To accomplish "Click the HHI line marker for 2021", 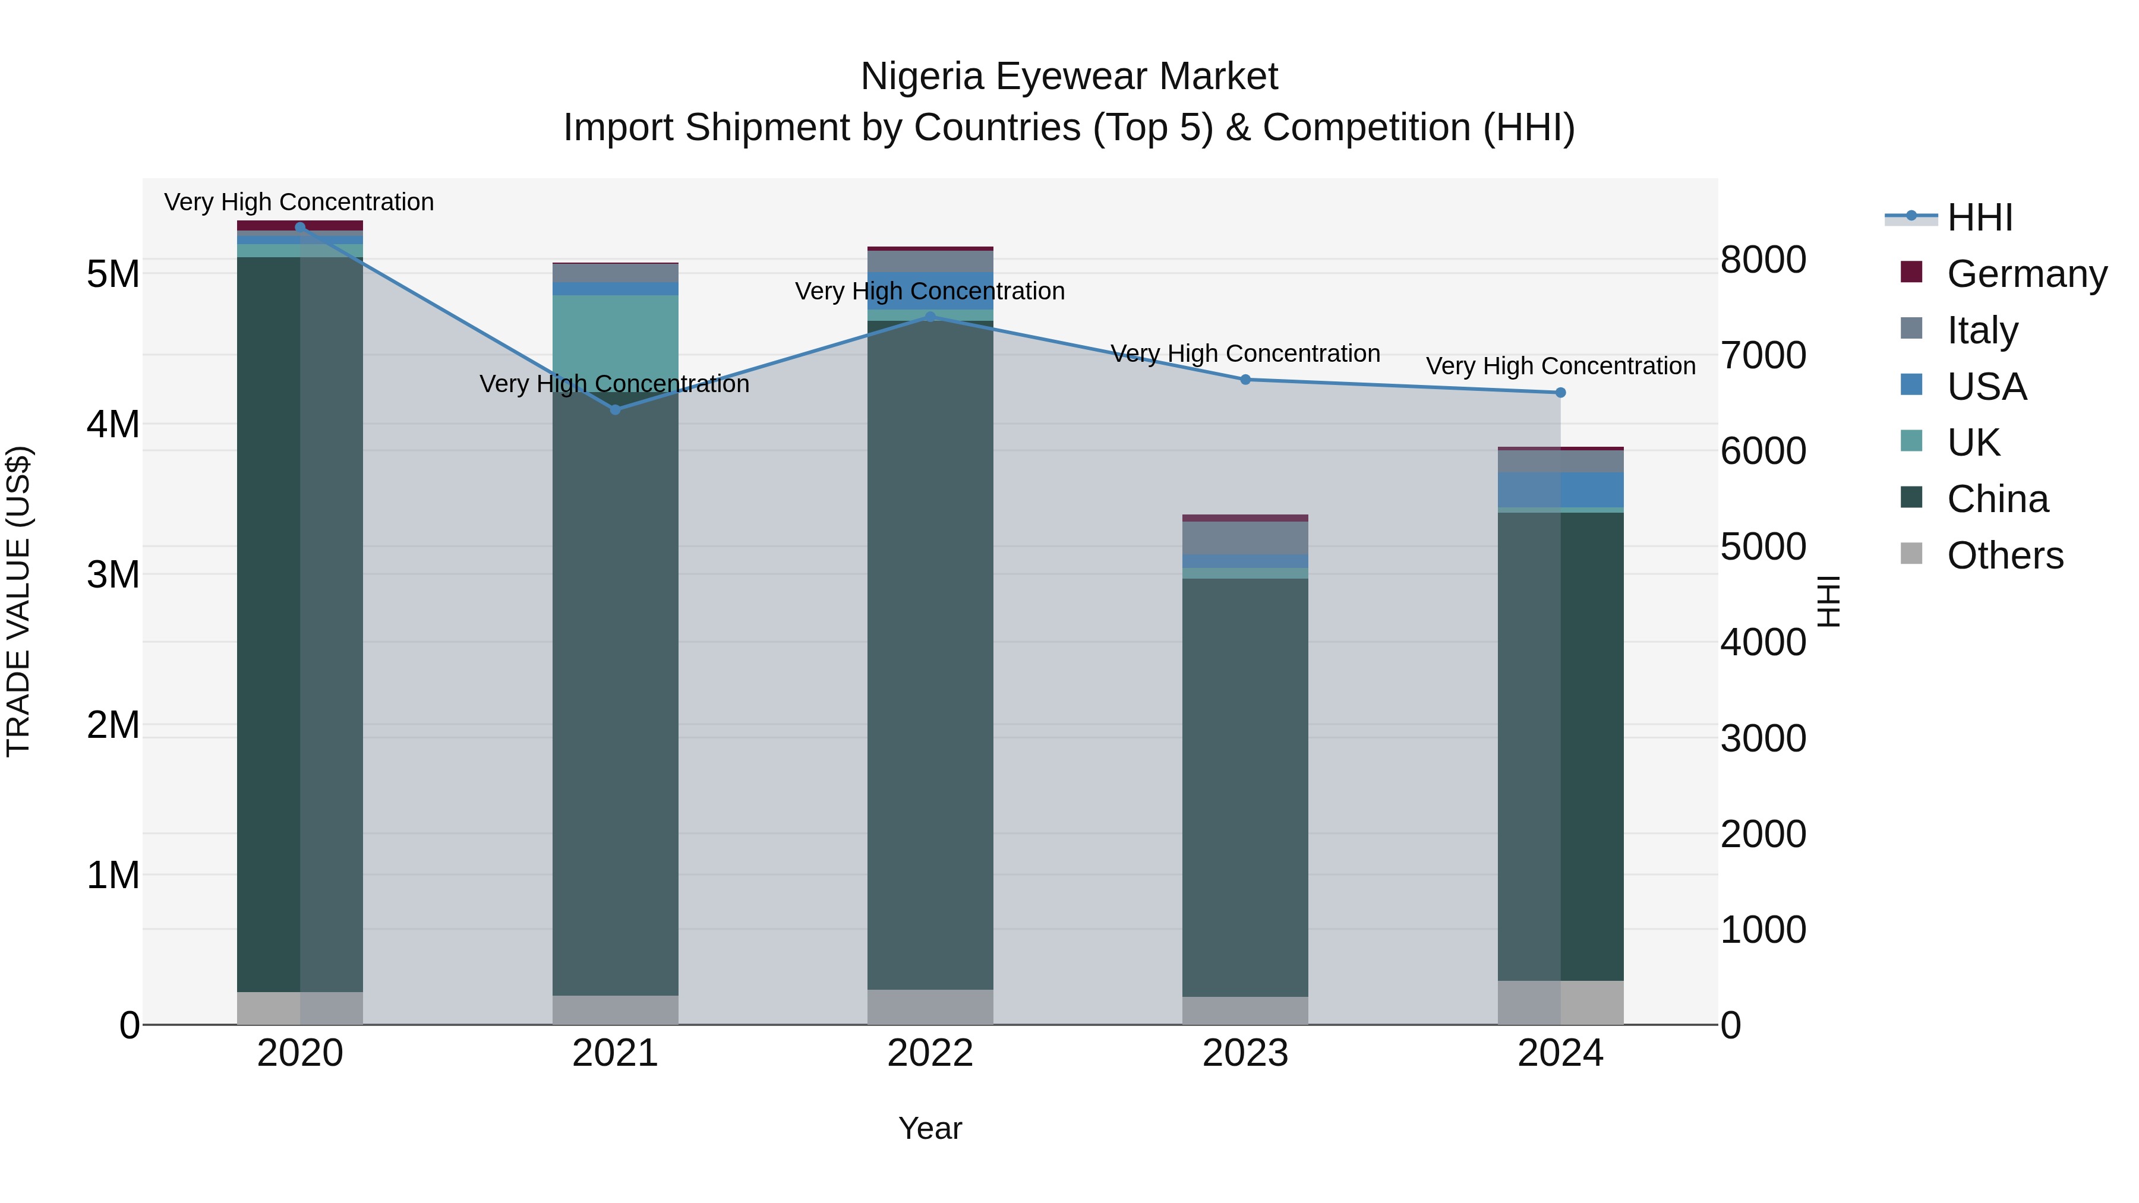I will (616, 409).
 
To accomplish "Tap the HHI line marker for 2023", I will (1245, 380).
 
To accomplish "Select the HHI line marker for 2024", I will (1560, 393).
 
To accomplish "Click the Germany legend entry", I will (2026, 274).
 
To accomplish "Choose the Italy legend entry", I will (1982, 330).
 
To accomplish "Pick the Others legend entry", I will (2005, 555).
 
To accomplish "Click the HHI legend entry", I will (1980, 217).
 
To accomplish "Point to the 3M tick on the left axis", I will (113, 574).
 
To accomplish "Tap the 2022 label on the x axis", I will (930, 1053).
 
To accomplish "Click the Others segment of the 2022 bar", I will (930, 1006).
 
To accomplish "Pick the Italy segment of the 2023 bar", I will (1245, 538).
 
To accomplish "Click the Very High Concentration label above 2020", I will (299, 202).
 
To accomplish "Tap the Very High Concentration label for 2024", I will (1560, 365).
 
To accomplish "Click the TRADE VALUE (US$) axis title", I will (18, 601).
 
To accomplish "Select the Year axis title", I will (930, 1128).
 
